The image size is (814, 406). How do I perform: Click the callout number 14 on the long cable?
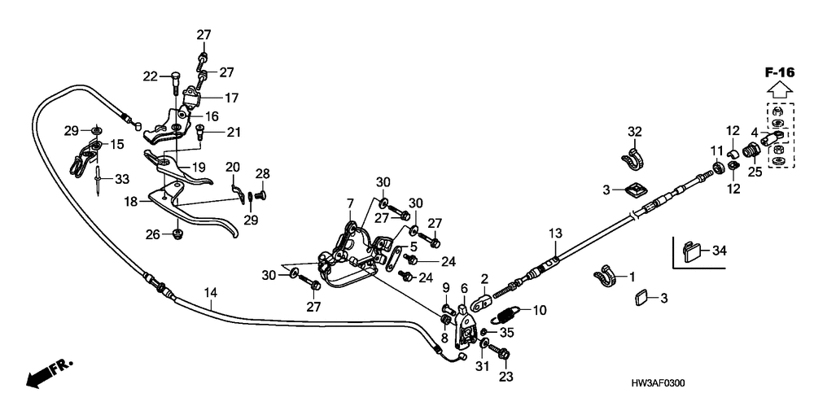click(211, 292)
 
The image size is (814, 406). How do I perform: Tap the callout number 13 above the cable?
click(554, 234)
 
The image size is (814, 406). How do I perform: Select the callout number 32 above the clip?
click(635, 131)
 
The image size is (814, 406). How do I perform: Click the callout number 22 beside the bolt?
click(149, 76)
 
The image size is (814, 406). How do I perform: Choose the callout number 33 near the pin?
click(121, 178)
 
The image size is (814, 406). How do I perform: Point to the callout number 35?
click(508, 332)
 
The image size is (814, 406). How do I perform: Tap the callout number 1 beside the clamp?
click(631, 277)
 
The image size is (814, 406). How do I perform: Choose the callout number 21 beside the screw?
click(234, 133)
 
